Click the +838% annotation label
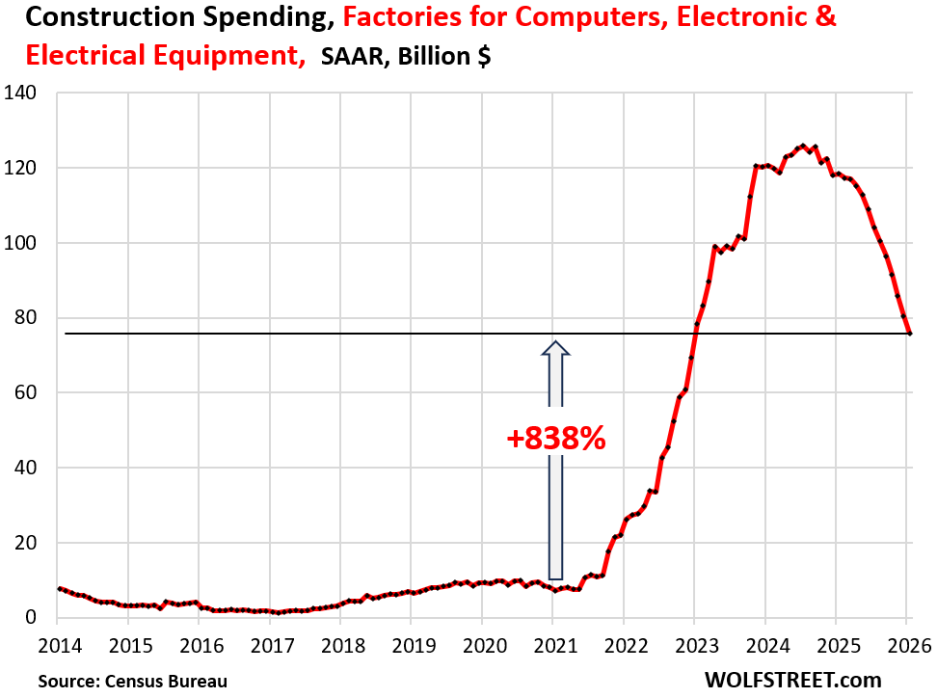pyautogui.click(x=556, y=439)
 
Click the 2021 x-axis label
pyautogui.click(x=552, y=643)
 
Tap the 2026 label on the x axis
pyautogui.click(x=906, y=643)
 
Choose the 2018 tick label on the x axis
pyautogui.click(x=340, y=643)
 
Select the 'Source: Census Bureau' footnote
pyautogui.click(x=133, y=681)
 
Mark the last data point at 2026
pyautogui.click(x=911, y=334)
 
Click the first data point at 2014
pyautogui.click(x=60, y=588)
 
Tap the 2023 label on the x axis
pyautogui.click(x=694, y=643)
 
